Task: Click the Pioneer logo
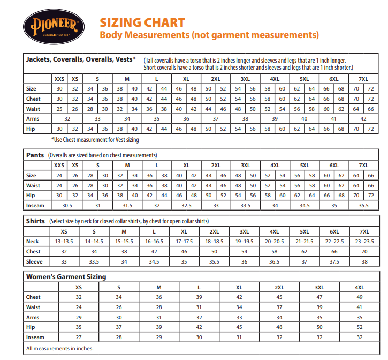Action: pyautogui.click(x=52, y=27)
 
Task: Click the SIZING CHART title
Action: pyautogui.click(x=142, y=22)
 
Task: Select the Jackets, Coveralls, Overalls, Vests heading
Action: pyautogui.click(x=81, y=59)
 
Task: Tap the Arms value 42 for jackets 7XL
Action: pyautogui.click(x=363, y=119)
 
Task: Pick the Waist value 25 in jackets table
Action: pyautogui.click(x=59, y=109)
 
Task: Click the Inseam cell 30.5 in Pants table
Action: pyautogui.click(x=67, y=205)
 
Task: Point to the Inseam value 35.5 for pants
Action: pyautogui.click(x=363, y=205)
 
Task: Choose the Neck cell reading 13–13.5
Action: pyautogui.click(x=64, y=242)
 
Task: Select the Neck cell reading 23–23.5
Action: pyautogui.click(x=364, y=242)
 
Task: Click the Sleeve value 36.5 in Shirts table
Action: pyautogui.click(x=274, y=262)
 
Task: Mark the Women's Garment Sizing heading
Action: pyautogui.click(x=66, y=277)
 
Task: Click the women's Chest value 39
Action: pyautogui.click(x=199, y=297)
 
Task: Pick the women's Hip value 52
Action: pyautogui.click(x=359, y=327)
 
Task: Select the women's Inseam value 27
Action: pyautogui.click(x=78, y=337)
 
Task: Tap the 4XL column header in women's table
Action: pyautogui.click(x=359, y=287)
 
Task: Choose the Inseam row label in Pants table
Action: pyautogui.click(x=35, y=205)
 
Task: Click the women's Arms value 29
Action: pyautogui.click(x=78, y=317)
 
